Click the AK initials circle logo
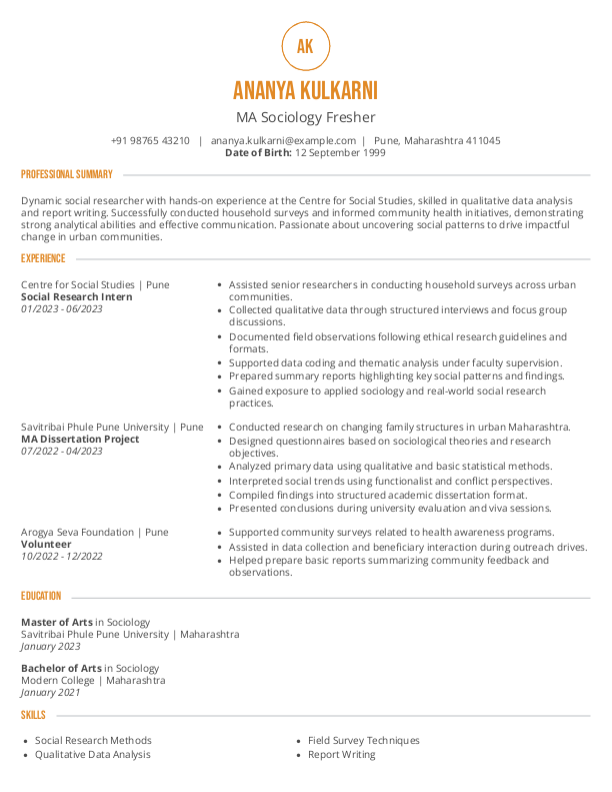coord(305,45)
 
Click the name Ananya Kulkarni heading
coord(305,91)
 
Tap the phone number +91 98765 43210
coord(150,141)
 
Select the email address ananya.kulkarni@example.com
coord(283,141)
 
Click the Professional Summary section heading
coord(67,174)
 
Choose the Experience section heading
coord(43,258)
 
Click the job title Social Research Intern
coord(76,297)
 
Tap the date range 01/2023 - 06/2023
coord(62,309)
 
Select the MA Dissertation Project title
coord(80,439)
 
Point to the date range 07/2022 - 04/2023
coord(62,451)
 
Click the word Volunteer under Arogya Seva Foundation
coord(46,544)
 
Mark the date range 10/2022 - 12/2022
coord(62,556)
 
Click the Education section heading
coord(41,596)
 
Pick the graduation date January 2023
coord(51,646)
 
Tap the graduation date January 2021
coord(51,692)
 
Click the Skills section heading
coord(33,715)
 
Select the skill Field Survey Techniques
coord(364,740)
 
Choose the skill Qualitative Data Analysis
coord(93,754)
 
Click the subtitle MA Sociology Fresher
coord(305,117)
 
